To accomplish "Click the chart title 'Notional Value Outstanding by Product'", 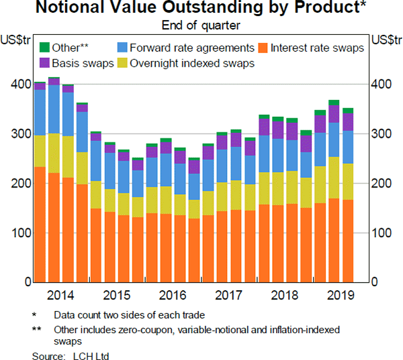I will click(202, 9).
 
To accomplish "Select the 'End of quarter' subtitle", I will click(202, 26).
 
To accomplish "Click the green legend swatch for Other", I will click(46, 48).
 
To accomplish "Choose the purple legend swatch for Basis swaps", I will click(46, 63).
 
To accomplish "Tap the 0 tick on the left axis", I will click(24, 282).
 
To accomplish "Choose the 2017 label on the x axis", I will click(228, 295).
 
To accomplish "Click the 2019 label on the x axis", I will click(341, 295).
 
